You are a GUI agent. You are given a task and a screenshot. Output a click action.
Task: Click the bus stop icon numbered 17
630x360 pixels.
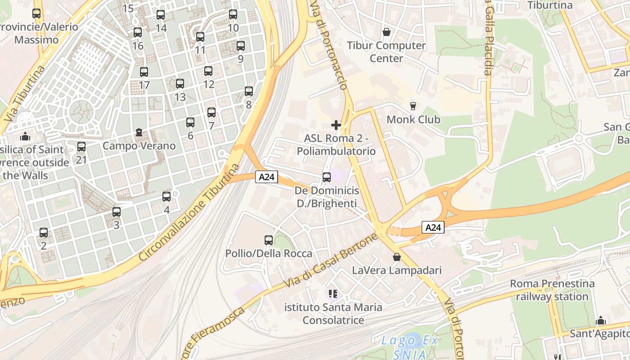click(x=144, y=72)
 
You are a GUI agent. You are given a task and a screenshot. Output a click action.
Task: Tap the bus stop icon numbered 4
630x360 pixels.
click(x=166, y=197)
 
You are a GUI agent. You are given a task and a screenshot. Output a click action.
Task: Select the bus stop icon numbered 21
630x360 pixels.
click(x=81, y=147)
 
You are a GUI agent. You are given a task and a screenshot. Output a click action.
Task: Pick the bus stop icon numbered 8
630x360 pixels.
click(x=249, y=91)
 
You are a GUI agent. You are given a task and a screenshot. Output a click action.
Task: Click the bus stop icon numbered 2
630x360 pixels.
click(x=44, y=233)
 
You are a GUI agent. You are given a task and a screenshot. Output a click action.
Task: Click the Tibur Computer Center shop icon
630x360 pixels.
click(x=386, y=32)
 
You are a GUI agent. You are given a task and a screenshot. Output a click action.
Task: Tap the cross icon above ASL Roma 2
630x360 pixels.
click(x=336, y=125)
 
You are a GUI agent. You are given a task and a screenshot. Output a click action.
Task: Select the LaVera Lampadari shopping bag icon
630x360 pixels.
click(x=397, y=257)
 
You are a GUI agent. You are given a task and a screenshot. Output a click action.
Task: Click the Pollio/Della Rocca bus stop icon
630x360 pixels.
click(x=269, y=240)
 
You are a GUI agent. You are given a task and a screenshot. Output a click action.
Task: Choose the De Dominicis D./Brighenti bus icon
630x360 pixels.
click(x=327, y=177)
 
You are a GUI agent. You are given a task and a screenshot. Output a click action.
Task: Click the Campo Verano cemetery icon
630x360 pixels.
click(x=139, y=132)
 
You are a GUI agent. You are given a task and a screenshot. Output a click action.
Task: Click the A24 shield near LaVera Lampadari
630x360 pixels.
click(x=433, y=228)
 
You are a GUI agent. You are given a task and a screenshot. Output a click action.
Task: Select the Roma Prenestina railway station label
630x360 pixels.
click(x=552, y=290)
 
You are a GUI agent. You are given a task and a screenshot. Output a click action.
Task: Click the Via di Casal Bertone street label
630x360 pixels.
click(x=330, y=261)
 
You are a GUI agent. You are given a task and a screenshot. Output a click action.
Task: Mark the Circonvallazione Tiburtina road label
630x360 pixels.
click(x=189, y=212)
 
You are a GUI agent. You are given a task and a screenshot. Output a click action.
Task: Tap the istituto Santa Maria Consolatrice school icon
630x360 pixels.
click(x=333, y=294)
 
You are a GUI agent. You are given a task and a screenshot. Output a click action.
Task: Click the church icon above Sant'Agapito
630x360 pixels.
click(x=601, y=321)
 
